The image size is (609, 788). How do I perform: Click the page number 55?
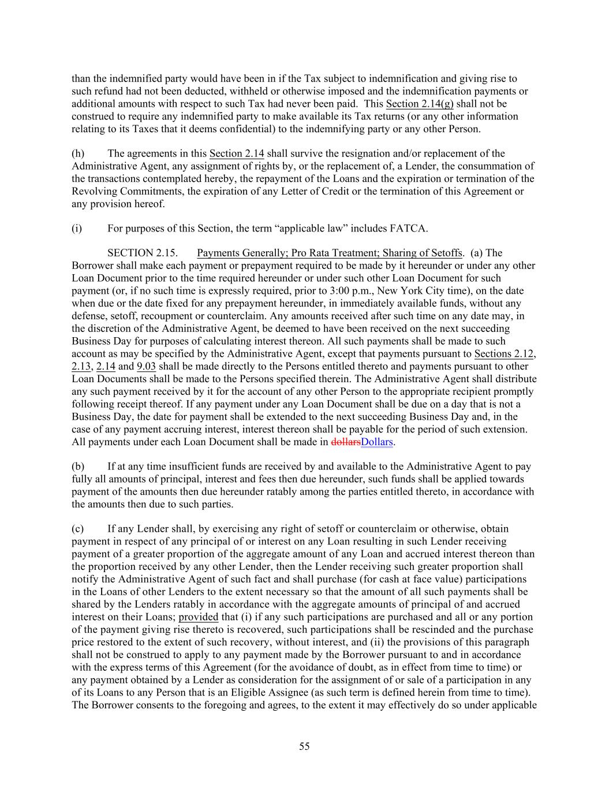click(x=304, y=746)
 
